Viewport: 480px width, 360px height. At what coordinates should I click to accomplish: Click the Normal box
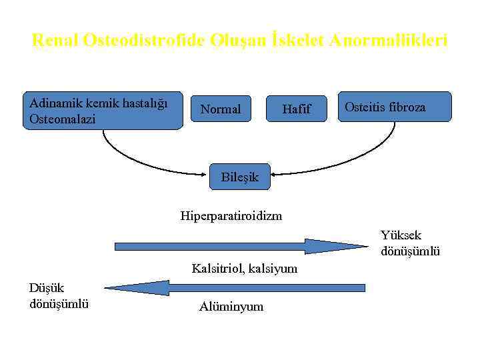pyautogui.click(x=221, y=109)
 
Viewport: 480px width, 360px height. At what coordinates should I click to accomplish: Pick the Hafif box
pyautogui.click(x=296, y=109)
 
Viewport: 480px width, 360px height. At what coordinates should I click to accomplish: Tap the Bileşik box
pyautogui.click(x=239, y=177)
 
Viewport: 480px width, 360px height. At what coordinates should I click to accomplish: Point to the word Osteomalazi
pyautogui.click(x=62, y=119)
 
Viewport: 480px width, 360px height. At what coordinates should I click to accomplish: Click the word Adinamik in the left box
pyautogui.click(x=52, y=103)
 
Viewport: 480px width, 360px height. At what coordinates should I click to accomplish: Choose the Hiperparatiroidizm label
pyautogui.click(x=231, y=215)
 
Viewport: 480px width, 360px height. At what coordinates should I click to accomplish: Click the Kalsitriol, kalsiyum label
pyautogui.click(x=245, y=269)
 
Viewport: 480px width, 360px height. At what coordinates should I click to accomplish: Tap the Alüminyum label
pyautogui.click(x=231, y=307)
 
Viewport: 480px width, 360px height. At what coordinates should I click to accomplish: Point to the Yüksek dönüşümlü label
pyautogui.click(x=410, y=243)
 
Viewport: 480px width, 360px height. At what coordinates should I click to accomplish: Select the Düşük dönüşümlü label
pyautogui.click(x=59, y=296)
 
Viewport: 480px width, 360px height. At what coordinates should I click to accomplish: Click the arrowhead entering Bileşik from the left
pyautogui.click(x=207, y=175)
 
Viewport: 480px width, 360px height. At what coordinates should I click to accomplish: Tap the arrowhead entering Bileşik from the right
pyautogui.click(x=273, y=175)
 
